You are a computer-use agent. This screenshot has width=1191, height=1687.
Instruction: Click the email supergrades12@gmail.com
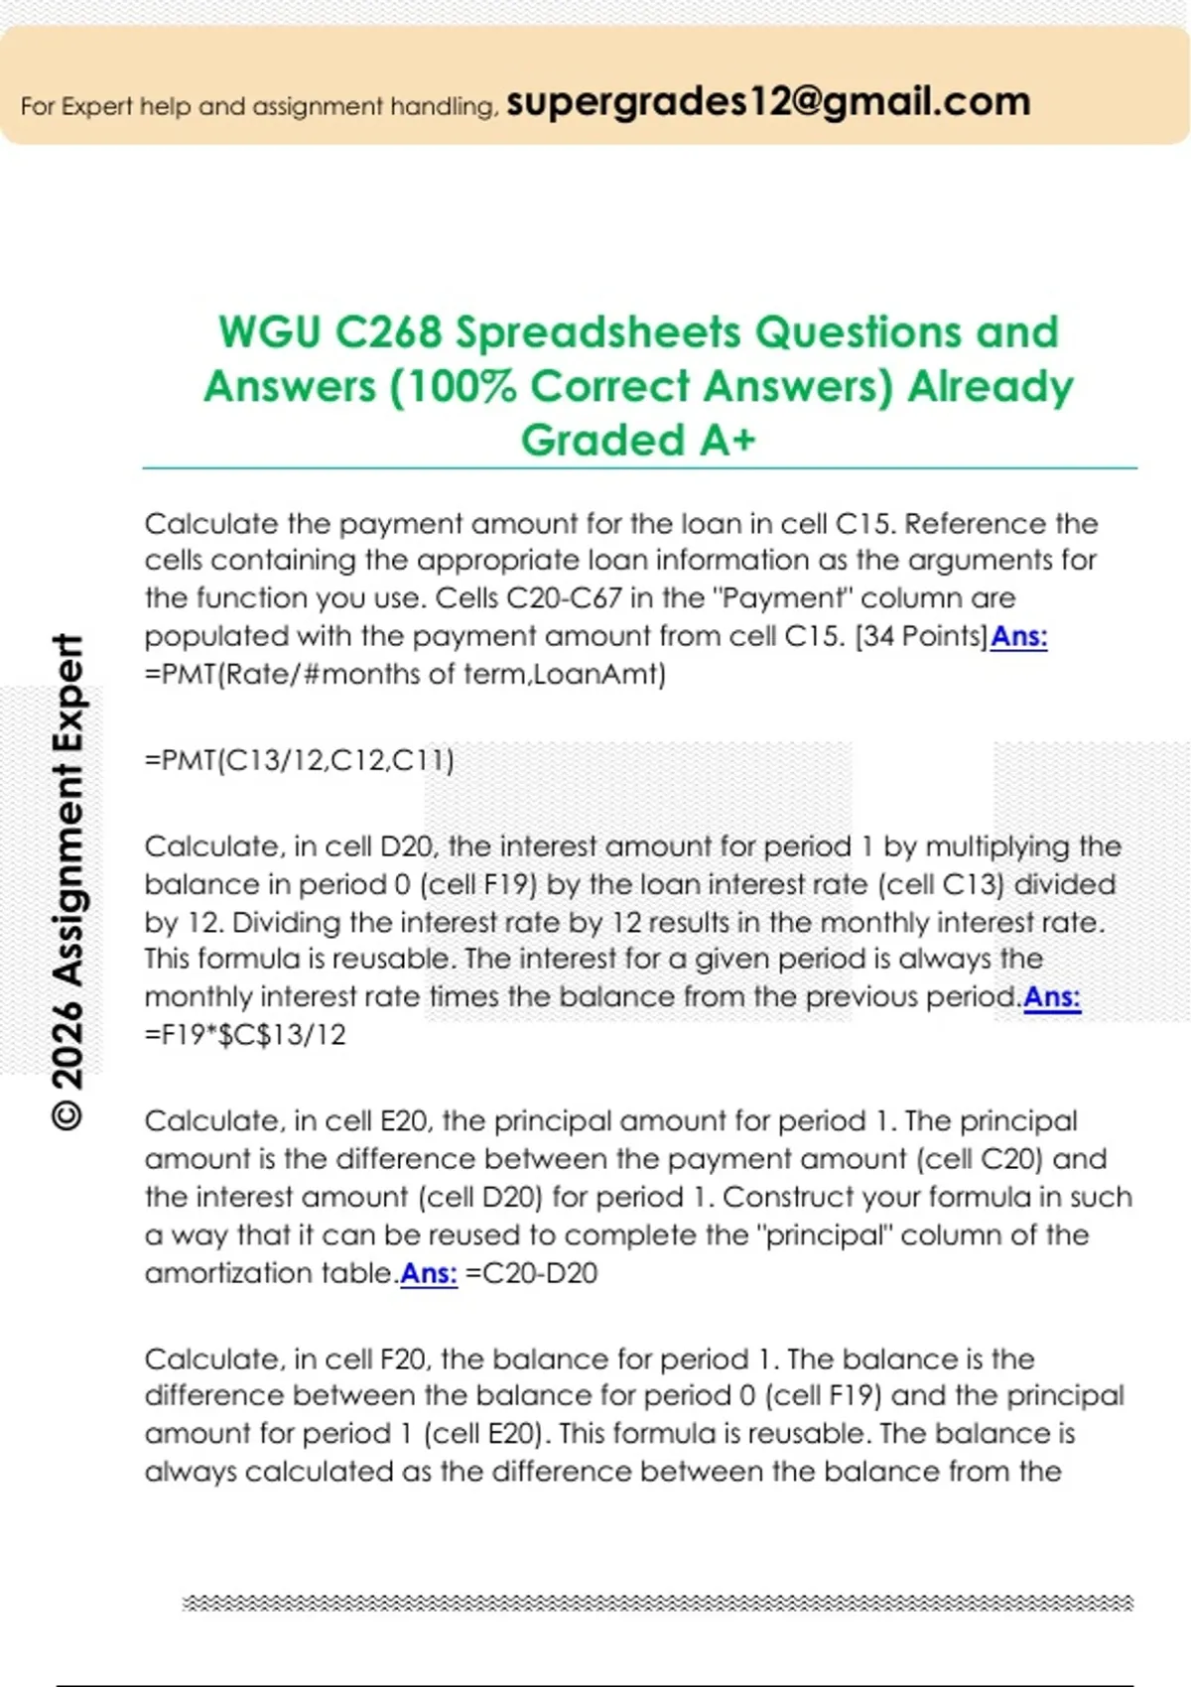(768, 102)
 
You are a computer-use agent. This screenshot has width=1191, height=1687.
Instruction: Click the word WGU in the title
(270, 332)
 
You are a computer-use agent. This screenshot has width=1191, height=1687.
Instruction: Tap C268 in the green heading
(388, 332)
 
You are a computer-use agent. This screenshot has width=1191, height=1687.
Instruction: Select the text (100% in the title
(454, 387)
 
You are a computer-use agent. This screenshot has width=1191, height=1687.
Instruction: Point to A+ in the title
(728, 441)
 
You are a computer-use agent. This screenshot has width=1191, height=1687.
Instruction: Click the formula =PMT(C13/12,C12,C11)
(300, 761)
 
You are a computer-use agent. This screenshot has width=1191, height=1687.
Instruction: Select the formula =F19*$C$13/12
(245, 1035)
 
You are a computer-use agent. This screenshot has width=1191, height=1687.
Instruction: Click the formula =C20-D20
(531, 1273)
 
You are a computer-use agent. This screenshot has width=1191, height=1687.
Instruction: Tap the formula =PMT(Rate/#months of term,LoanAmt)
(405, 675)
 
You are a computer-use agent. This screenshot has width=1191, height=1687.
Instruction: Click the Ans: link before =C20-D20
(429, 1273)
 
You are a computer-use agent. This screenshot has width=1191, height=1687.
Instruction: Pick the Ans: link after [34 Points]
(1019, 636)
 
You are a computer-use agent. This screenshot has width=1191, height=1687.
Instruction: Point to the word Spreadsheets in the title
(598, 332)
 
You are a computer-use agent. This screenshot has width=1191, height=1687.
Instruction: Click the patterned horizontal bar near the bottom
(657, 1603)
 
